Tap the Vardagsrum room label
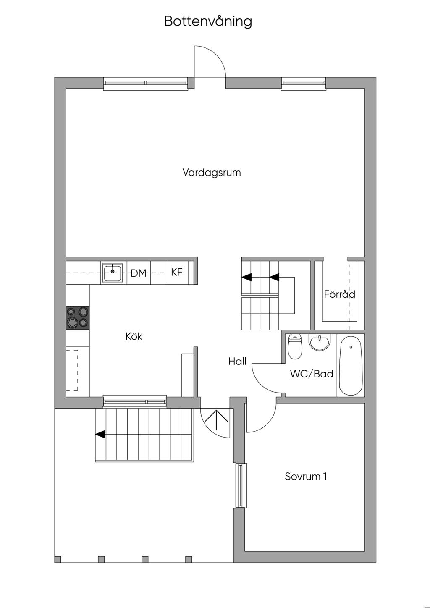(212, 173)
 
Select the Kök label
(134, 337)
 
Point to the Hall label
(237, 362)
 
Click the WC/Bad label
(312, 374)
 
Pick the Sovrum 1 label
(306, 476)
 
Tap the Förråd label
(340, 294)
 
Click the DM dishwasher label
(139, 273)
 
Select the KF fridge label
(177, 272)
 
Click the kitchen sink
(113, 273)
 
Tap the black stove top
(78, 318)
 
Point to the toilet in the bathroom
(295, 346)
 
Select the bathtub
(351, 366)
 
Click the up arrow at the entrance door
(216, 420)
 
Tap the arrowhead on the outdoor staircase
(100, 434)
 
